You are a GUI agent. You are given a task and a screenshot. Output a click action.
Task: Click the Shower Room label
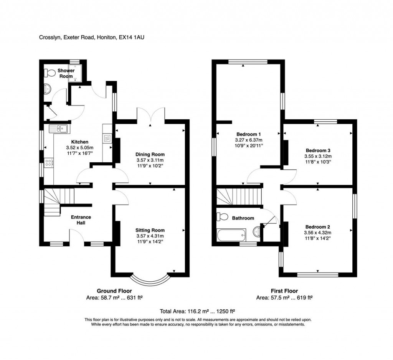66,73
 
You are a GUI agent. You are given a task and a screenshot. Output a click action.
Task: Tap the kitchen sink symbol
58,129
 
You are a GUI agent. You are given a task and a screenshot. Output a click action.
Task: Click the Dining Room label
150,155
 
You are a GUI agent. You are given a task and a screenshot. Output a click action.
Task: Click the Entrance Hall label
81,220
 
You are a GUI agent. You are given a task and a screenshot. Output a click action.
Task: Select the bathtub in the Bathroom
231,234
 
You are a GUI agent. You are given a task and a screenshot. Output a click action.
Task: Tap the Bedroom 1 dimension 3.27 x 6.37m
249,140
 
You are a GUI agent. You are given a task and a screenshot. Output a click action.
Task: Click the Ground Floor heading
114,291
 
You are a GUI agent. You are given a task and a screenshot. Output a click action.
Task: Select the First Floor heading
284,291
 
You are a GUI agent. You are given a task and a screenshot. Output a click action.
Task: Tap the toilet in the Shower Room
49,72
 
